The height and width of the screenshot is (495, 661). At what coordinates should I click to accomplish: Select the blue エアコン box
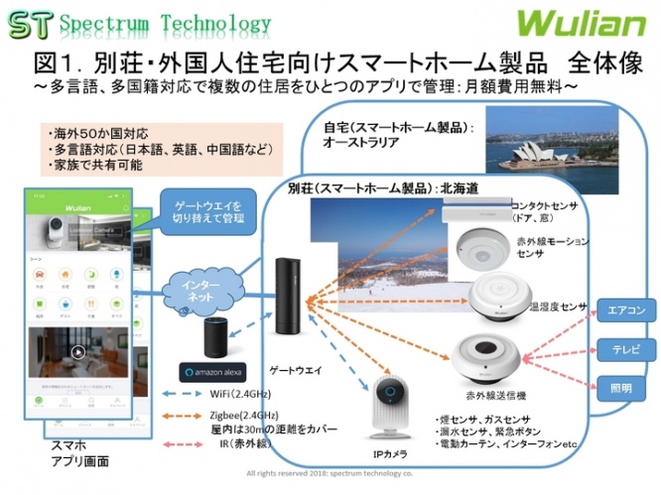click(624, 310)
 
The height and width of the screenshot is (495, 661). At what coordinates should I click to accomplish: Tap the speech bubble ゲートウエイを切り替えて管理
click(200, 210)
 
